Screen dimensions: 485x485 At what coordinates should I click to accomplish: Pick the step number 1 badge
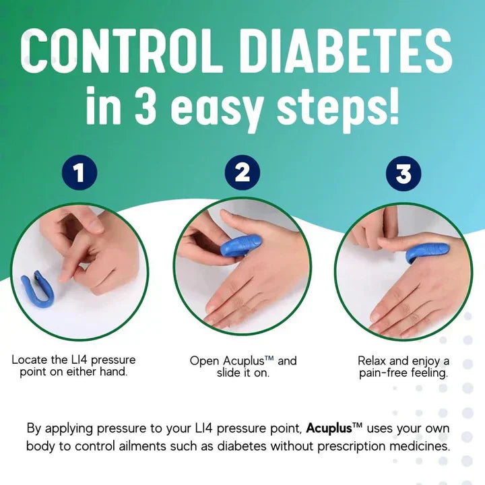pyautogui.click(x=79, y=174)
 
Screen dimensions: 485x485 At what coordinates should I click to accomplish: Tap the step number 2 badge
pyautogui.click(x=242, y=174)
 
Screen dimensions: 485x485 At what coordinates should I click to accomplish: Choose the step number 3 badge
pyautogui.click(x=403, y=174)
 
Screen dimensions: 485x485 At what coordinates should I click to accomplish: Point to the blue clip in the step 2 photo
pyautogui.click(x=239, y=242)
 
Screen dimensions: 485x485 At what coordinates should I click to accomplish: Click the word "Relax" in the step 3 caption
pyautogui.click(x=373, y=360)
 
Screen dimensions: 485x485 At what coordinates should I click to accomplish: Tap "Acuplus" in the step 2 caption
pyautogui.click(x=246, y=360)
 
